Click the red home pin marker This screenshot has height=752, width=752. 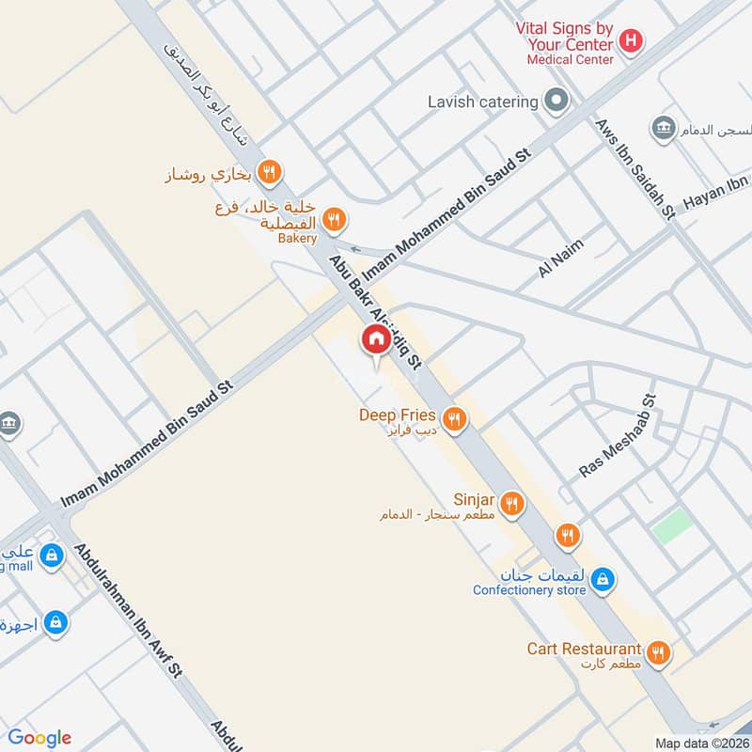376,340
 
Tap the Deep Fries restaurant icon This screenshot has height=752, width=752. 455,419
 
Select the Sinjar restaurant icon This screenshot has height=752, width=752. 511,503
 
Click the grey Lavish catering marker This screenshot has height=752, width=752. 557,101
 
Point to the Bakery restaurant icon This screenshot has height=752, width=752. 334,221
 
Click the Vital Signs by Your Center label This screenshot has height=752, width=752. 564,36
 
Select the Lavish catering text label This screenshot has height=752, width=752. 482,102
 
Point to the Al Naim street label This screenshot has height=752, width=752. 561,258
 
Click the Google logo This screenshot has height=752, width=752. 39,738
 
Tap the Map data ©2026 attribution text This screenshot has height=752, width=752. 700,744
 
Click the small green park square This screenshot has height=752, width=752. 670,525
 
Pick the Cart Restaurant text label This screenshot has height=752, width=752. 584,649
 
